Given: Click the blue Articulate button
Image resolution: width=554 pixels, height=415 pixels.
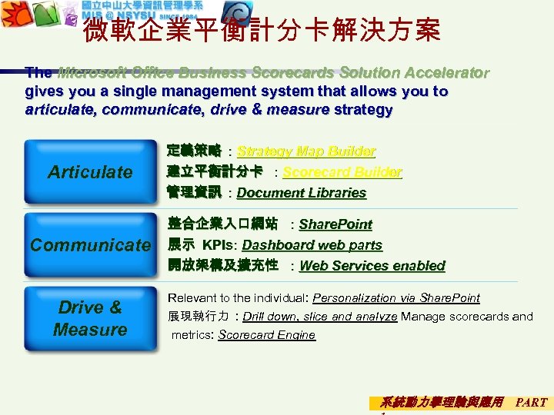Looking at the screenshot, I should point(90,171).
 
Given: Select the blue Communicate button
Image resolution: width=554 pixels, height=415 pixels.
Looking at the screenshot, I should point(90,245).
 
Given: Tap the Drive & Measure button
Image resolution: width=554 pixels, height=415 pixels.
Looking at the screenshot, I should point(90,318).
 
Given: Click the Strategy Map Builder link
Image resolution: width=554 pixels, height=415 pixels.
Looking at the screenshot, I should point(306,151).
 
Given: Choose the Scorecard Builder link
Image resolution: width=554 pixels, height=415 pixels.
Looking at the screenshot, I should point(342,172).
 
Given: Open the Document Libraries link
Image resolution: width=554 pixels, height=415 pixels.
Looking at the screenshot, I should point(302,193).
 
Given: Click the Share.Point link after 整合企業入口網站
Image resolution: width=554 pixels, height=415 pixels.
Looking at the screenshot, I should point(335,224).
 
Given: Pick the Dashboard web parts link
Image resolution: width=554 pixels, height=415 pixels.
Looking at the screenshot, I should point(312,245).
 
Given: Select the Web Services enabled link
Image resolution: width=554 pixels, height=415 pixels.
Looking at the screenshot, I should point(372,266).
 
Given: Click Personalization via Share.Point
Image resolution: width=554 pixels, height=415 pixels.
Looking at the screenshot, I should point(396,297).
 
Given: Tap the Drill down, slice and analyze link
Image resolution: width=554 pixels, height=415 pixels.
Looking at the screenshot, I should point(320,316).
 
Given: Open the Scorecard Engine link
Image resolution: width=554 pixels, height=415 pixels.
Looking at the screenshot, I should point(267,335).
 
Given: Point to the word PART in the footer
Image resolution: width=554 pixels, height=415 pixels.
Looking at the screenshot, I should point(531,402).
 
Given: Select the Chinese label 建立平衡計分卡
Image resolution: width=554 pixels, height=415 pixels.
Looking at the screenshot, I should point(215,171).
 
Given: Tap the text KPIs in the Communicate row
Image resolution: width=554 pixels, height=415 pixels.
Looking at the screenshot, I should point(220,245).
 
